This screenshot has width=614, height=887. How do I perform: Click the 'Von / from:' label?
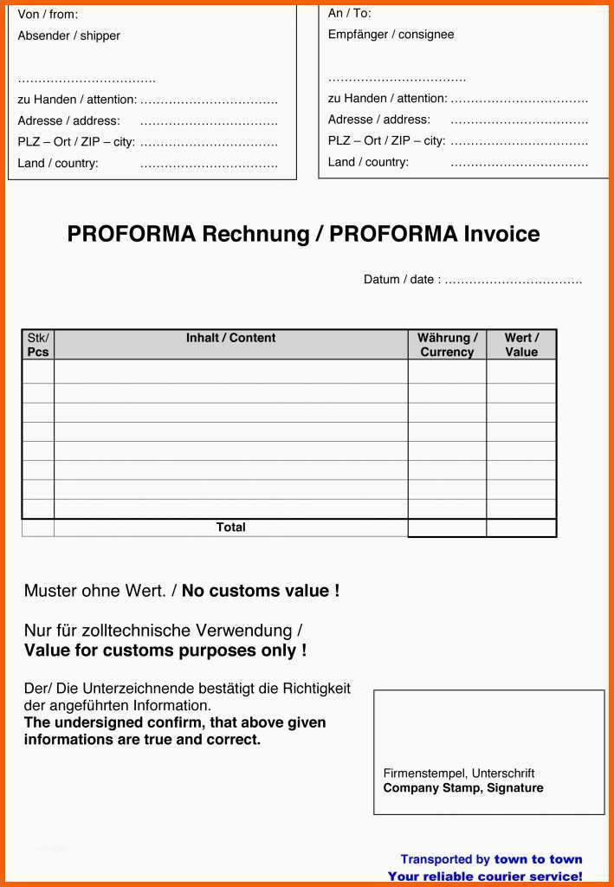48,15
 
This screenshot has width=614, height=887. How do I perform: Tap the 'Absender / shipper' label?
68,36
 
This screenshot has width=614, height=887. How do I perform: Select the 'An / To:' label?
349,13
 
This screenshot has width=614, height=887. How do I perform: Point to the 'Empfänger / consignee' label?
391,35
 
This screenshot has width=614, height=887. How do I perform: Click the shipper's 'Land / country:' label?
58,163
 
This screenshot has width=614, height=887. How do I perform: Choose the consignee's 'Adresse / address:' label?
378,120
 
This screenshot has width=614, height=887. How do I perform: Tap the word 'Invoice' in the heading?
501,234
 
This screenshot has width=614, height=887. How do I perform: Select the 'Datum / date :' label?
402,279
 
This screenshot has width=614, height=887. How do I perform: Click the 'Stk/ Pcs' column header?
38,345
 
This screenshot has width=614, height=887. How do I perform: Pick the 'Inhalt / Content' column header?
230,338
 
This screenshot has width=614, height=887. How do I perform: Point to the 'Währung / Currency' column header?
447,345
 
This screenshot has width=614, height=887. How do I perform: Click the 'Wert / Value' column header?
521,345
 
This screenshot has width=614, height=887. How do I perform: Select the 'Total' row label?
231,527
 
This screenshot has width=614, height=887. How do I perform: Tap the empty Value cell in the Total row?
521,528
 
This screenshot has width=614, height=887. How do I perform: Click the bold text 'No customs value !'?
261,591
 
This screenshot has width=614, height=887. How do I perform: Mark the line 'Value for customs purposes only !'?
165,651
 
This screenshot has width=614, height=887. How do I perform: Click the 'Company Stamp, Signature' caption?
463,787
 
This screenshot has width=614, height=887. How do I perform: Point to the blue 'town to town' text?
538,859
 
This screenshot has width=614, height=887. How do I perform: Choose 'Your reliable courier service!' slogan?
485,876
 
